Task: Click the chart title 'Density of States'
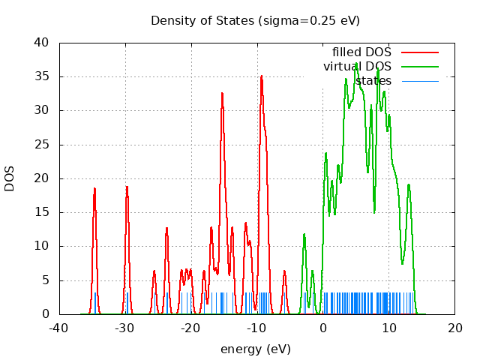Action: click(255, 20)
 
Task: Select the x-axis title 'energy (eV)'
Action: click(255, 349)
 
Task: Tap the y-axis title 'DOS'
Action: click(10, 178)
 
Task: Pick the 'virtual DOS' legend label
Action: click(357, 67)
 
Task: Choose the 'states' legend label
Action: click(373, 80)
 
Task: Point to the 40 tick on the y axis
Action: click(43, 43)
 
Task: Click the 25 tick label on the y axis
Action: click(43, 145)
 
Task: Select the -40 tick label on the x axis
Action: click(59, 328)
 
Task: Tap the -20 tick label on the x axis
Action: click(191, 328)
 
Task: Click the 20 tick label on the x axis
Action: click(455, 328)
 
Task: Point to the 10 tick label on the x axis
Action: click(389, 328)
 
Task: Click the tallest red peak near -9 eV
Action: click(262, 76)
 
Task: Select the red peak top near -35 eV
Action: click(94, 188)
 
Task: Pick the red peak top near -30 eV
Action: click(127, 186)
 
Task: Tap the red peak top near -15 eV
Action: click(222, 93)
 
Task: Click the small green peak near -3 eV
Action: click(304, 234)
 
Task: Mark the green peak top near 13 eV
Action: click(409, 184)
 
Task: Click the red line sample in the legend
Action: click(419, 52)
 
